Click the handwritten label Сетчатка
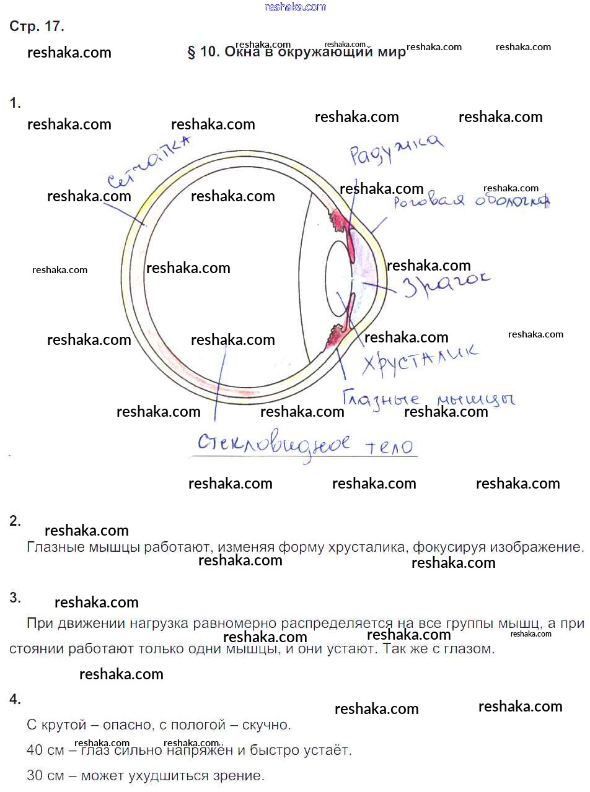147,162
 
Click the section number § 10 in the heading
203,52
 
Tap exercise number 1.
15,103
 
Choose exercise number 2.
15,521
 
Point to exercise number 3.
15,598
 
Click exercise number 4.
15,699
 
